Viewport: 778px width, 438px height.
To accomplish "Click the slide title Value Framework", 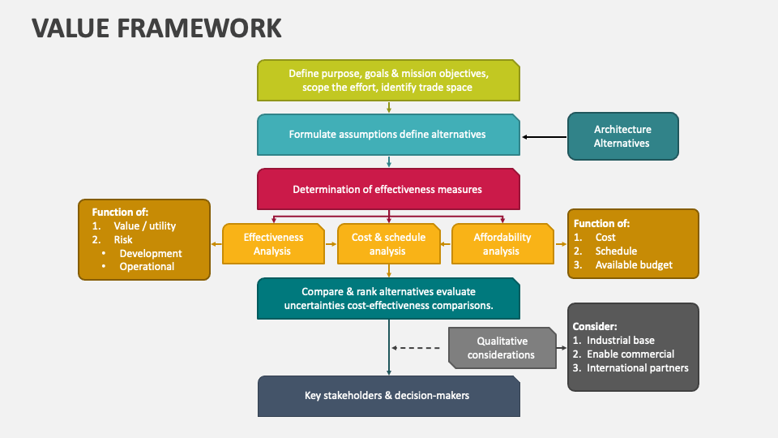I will pos(156,28).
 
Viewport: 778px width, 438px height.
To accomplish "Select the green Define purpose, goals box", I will pos(388,80).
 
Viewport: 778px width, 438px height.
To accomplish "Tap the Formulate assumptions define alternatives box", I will pos(388,135).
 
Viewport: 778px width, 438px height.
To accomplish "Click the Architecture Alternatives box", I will pos(622,136).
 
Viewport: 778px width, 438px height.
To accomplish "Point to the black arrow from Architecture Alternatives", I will pos(544,137).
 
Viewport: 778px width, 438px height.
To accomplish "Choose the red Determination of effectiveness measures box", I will pos(388,190).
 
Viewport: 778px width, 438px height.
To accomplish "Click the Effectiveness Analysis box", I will pos(273,244).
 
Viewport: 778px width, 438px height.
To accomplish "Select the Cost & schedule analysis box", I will pos(388,244).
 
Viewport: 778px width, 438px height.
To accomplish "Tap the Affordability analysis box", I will pos(502,244).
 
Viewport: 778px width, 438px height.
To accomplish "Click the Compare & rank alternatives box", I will pos(388,298).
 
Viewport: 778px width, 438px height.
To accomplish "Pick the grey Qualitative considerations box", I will pos(501,348).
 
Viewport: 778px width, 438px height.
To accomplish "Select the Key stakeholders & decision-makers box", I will pos(388,396).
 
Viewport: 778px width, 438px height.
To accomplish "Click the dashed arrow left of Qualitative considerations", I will pos(417,348).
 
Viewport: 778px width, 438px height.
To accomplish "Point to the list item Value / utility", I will pos(144,226).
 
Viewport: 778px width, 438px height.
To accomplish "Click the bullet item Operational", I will pos(147,267).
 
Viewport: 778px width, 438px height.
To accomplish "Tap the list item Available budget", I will pos(633,265).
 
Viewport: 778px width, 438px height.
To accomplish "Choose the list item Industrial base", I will pos(620,341).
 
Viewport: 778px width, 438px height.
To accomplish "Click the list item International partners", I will pos(637,368).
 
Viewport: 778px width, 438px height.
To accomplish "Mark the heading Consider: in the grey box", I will pos(594,326).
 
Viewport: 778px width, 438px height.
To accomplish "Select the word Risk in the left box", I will pos(123,240).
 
